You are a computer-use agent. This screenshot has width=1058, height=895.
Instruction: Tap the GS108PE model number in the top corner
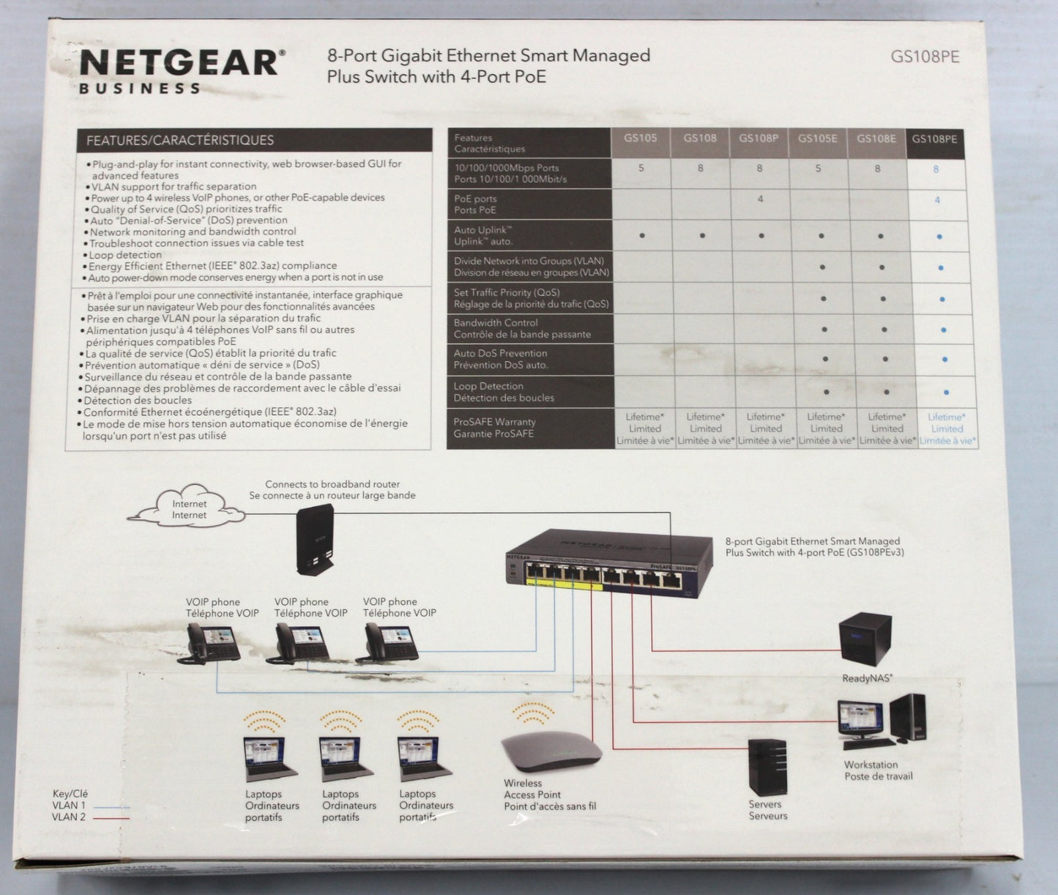[x=925, y=57]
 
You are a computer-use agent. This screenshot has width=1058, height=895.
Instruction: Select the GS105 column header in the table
[x=640, y=138]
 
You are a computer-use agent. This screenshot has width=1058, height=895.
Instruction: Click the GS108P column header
[x=758, y=138]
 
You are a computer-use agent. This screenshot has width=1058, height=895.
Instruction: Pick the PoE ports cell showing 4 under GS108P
[x=760, y=198]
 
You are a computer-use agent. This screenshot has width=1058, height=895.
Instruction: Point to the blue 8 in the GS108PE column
[x=936, y=169]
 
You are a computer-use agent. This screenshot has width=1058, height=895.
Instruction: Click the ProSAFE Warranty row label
[x=494, y=428]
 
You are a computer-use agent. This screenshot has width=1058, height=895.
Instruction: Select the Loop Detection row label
[x=504, y=392]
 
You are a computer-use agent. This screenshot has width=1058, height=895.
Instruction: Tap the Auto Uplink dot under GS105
[x=642, y=236]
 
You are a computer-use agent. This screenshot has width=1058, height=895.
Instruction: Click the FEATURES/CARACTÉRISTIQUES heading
[x=179, y=141]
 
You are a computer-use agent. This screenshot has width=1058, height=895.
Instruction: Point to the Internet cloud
[x=186, y=506]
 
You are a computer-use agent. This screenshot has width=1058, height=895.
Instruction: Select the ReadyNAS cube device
[x=865, y=639]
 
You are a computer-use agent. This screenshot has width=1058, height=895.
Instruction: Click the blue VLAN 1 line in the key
[x=111, y=807]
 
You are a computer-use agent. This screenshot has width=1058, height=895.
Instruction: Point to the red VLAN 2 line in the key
[x=111, y=818]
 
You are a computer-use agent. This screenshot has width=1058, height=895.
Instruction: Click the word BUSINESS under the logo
[x=139, y=89]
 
